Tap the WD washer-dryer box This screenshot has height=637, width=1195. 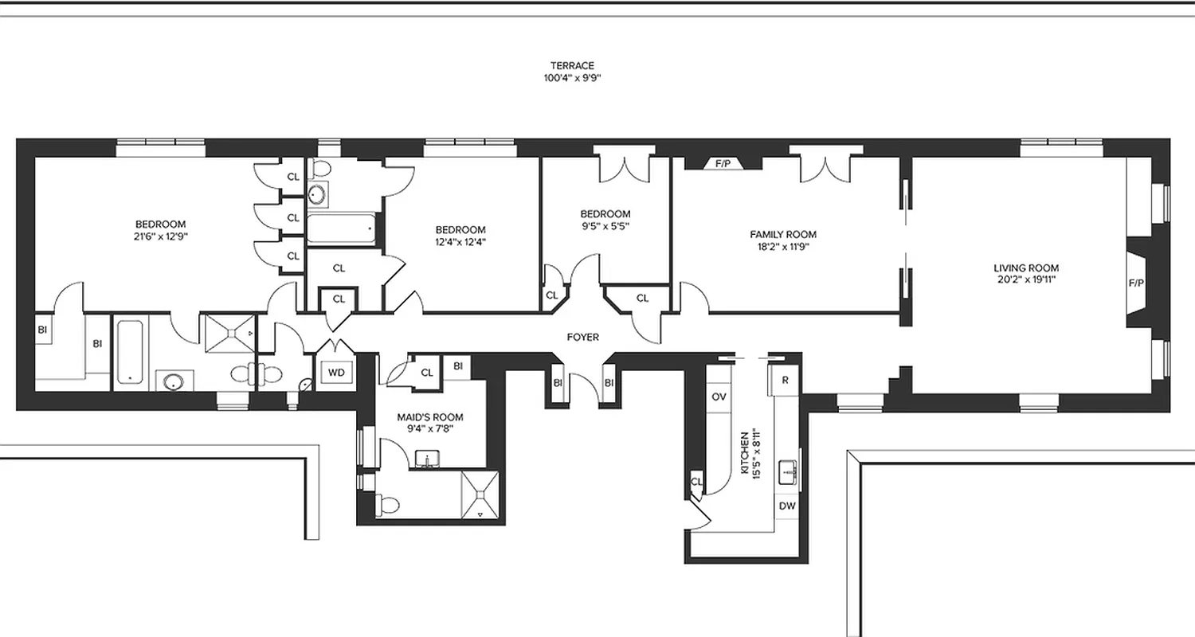pos(336,373)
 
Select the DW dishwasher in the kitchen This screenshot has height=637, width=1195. pos(787,506)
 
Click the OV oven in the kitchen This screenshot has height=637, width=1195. pos(719,397)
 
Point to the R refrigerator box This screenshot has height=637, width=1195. pos(785,380)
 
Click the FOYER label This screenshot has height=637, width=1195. pos(582,338)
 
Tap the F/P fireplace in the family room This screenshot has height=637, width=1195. pos(723,164)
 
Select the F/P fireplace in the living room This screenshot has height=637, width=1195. pos(1136,283)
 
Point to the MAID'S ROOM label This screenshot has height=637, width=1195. pos(429,417)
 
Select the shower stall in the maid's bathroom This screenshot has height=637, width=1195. pos(481,495)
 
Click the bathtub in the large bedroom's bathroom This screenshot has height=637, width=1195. pos(129,353)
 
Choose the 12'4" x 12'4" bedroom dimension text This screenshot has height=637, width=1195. pos(460,242)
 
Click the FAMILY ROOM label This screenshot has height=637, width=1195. pos(782,235)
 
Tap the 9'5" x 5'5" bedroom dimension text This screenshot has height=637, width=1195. pos(605,225)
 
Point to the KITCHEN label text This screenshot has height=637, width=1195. pos(745,454)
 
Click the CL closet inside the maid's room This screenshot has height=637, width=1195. pos(426,373)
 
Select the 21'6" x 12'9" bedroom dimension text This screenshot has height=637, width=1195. pos(160,236)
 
